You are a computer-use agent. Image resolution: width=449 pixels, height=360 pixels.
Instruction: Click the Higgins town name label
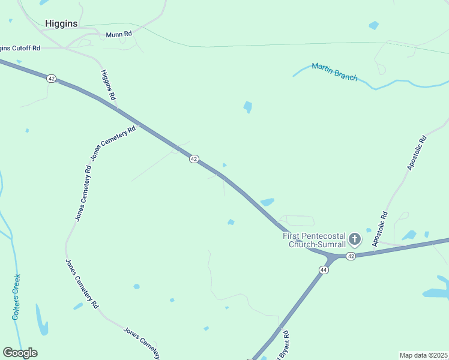(x=61, y=23)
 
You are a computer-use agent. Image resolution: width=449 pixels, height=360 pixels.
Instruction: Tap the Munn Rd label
(x=118, y=35)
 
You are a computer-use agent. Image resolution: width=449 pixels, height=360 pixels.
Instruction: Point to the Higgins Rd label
(x=108, y=84)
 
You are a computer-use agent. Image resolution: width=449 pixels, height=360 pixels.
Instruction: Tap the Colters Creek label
(x=17, y=297)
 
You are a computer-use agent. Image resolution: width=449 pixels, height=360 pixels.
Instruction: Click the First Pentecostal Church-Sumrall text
(x=315, y=240)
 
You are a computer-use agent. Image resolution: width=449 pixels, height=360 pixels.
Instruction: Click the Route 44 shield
(x=324, y=271)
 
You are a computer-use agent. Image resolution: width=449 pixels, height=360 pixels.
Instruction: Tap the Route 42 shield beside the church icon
(x=351, y=256)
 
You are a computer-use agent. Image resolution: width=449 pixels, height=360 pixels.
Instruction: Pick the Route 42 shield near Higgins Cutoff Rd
(x=52, y=79)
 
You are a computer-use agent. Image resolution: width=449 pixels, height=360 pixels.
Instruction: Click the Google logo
(x=20, y=353)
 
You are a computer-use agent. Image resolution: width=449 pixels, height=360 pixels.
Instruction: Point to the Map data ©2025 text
(x=424, y=355)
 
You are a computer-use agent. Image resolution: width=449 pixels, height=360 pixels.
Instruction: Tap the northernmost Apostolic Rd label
(x=417, y=153)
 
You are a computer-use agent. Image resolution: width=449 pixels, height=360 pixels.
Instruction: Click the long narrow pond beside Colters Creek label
(x=41, y=320)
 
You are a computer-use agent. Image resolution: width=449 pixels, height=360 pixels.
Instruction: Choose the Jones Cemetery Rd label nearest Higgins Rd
(x=113, y=143)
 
